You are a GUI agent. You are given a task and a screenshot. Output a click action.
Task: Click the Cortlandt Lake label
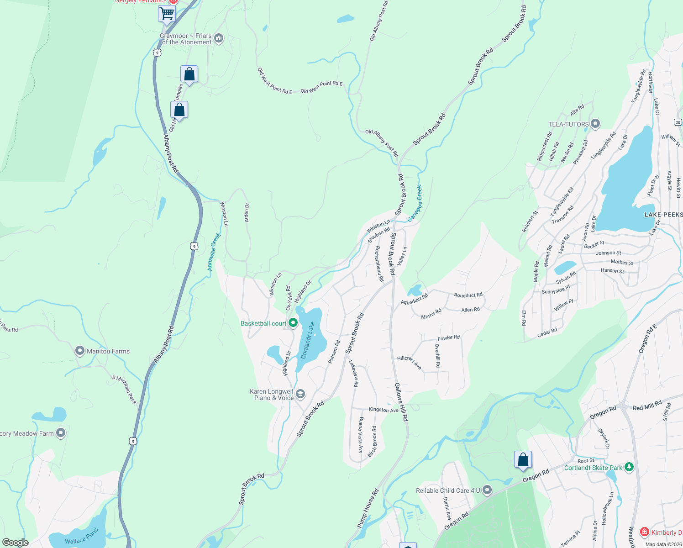(309, 340)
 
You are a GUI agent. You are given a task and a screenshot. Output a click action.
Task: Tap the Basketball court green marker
(293, 323)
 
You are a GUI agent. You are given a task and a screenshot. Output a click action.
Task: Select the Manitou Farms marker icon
(80, 351)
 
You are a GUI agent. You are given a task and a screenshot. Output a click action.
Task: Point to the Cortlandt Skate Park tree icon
(629, 467)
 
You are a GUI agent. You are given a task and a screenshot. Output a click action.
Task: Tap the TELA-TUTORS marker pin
(595, 124)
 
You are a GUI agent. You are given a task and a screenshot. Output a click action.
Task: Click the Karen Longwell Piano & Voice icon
(300, 394)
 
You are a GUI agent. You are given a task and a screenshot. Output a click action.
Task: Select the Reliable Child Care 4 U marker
(487, 490)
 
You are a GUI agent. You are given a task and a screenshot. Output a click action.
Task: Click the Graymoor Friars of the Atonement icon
(219, 38)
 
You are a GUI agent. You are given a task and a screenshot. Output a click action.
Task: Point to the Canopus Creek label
(415, 203)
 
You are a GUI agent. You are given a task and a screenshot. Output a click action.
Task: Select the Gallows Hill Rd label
(401, 402)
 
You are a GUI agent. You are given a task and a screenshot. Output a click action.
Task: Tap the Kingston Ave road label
(384, 410)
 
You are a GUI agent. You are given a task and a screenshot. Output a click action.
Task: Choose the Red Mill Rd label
(647, 406)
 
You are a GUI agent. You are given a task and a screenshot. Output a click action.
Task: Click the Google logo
(16, 542)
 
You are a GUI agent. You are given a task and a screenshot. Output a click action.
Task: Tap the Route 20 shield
(678, 122)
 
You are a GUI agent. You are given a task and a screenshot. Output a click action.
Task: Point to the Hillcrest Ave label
(409, 362)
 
